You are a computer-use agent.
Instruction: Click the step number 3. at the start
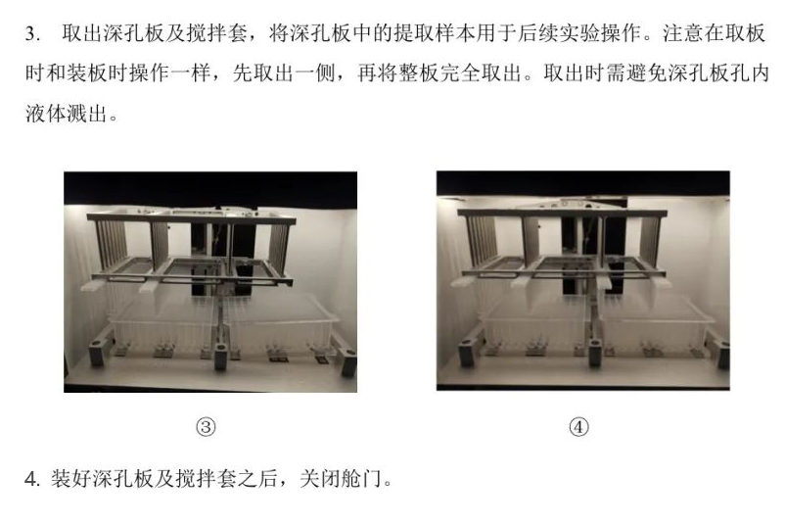[x=33, y=33]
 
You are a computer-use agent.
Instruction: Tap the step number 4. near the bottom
[x=32, y=479]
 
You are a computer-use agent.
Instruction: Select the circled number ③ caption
[x=206, y=427]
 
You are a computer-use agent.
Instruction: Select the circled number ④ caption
[x=578, y=427]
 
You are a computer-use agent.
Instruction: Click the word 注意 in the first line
[x=683, y=33]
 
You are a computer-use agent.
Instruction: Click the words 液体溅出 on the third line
[x=67, y=114]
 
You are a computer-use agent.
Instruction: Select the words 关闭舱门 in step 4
[x=341, y=479]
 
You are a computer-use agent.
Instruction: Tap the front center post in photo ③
[x=221, y=357]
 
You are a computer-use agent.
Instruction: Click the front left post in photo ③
[x=97, y=353]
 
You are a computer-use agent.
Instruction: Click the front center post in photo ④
[x=595, y=353]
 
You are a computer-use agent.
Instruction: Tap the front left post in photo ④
[x=466, y=353]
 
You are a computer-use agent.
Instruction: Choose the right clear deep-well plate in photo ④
[x=656, y=320]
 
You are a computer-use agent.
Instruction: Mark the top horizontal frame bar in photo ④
[x=562, y=214]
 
